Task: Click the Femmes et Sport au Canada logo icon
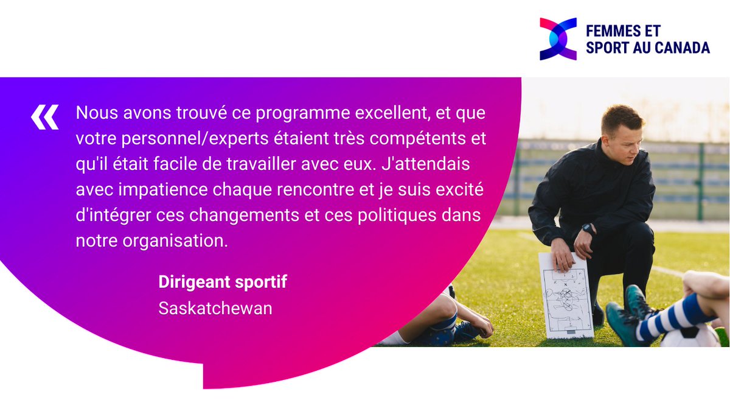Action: [558, 39]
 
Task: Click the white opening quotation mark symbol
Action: [45, 117]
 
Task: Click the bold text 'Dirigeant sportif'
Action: [222, 283]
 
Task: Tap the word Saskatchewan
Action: [215, 308]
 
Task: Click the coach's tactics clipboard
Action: [566, 295]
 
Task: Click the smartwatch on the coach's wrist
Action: [588, 230]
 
